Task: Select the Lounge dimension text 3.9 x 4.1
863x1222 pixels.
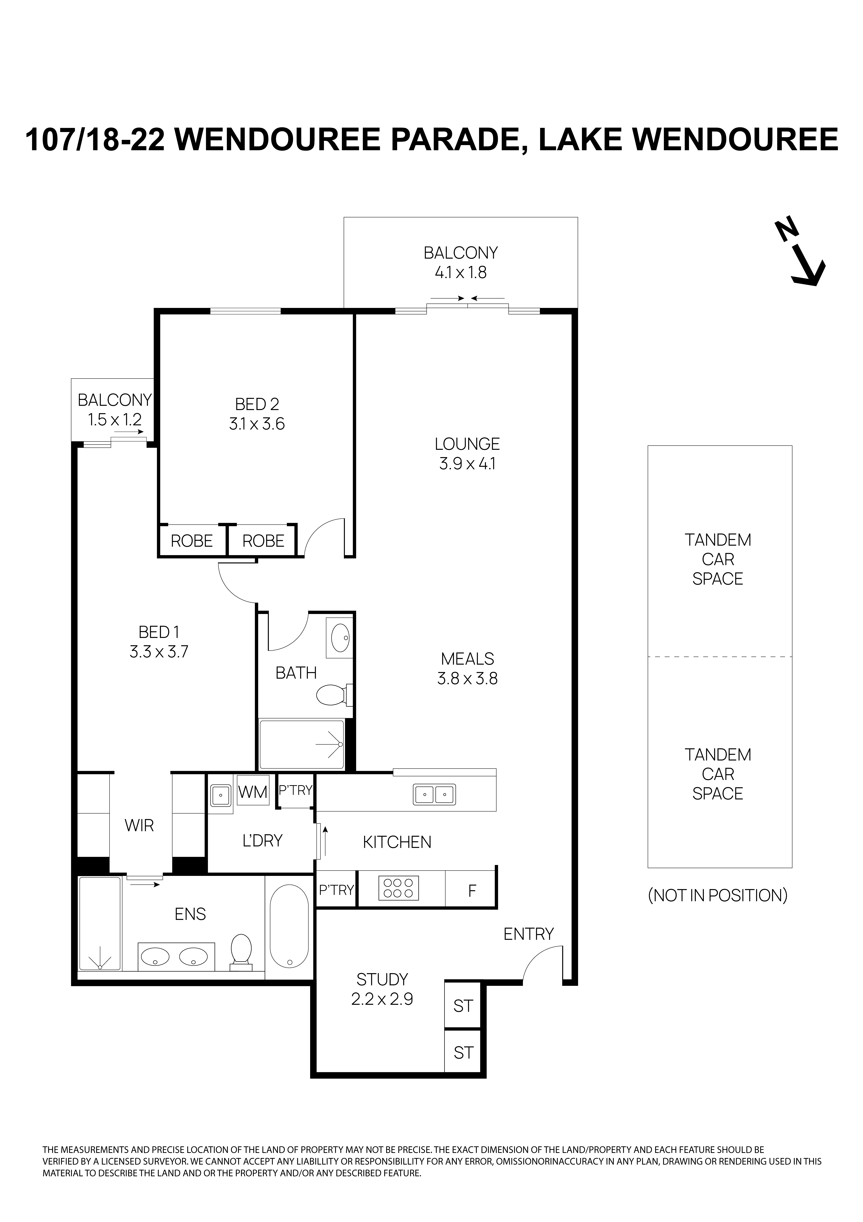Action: click(467, 464)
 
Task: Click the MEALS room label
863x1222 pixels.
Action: click(467, 659)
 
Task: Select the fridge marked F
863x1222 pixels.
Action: click(471, 891)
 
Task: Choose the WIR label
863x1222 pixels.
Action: click(139, 825)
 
